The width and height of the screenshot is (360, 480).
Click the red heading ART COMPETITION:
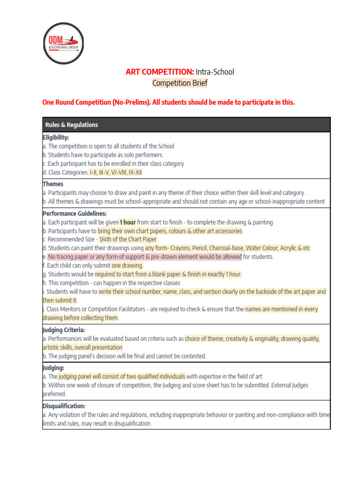coord(160,72)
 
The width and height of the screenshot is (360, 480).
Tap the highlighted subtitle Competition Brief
coord(180,83)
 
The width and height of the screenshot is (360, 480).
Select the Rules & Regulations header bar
coord(186,125)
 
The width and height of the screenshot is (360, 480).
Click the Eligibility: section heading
coord(56,137)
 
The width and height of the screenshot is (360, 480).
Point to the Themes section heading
coord(53,184)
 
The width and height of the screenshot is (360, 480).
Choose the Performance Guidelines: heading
coord(75,213)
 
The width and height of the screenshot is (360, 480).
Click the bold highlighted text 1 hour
coord(127,222)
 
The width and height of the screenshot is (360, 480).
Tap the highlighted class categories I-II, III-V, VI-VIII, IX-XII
coord(116,172)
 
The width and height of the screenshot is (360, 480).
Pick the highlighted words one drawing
coord(127,265)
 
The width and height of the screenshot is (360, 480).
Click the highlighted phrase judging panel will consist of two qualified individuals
coord(122,376)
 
